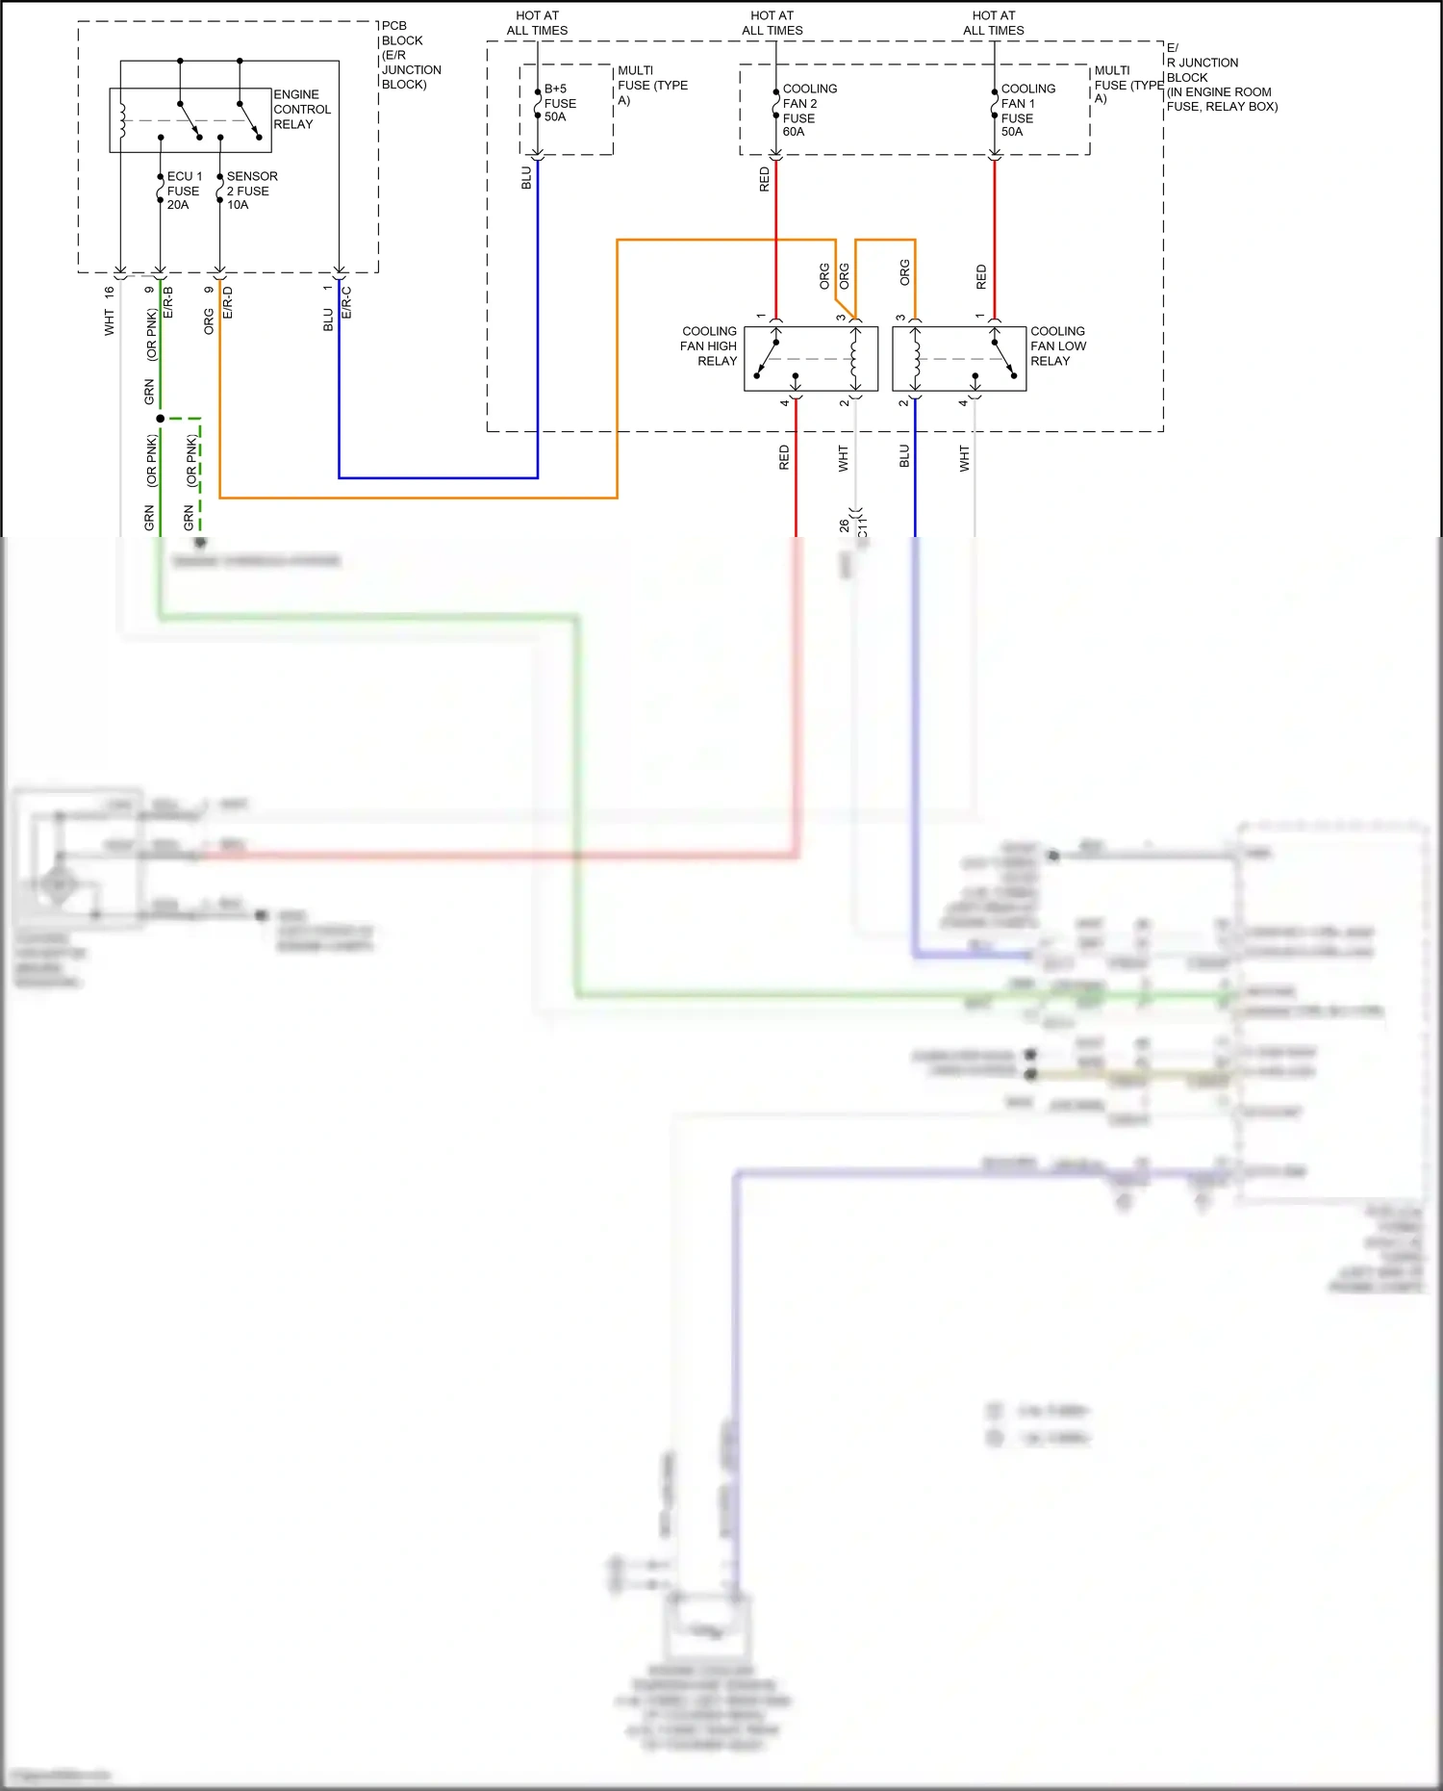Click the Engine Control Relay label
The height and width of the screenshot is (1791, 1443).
pos(301,110)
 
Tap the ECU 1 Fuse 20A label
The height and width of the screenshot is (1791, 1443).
pos(183,191)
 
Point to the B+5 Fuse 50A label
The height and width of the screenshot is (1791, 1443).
pos(559,103)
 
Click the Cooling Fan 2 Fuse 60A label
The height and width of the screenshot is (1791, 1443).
pos(808,110)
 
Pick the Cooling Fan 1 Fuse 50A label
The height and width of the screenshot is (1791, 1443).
pos(1026,110)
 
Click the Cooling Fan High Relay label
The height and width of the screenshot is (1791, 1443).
pos(709,345)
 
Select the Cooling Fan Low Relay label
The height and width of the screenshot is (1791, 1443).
pos(1057,345)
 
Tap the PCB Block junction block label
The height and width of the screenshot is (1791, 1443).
pos(410,55)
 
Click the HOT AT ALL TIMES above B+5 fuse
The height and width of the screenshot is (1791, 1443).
pos(537,23)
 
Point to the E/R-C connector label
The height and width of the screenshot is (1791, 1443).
pos(347,302)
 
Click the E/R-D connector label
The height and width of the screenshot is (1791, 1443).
pos(228,302)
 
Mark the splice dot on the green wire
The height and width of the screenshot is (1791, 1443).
pos(160,419)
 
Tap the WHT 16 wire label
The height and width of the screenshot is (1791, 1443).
pos(109,311)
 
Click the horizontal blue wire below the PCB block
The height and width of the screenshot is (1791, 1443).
pos(438,477)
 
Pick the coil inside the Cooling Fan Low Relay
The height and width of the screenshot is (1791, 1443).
pos(916,359)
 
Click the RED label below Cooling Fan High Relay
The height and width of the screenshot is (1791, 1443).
pos(784,457)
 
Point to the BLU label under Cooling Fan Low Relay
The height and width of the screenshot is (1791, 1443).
pos(904,456)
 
